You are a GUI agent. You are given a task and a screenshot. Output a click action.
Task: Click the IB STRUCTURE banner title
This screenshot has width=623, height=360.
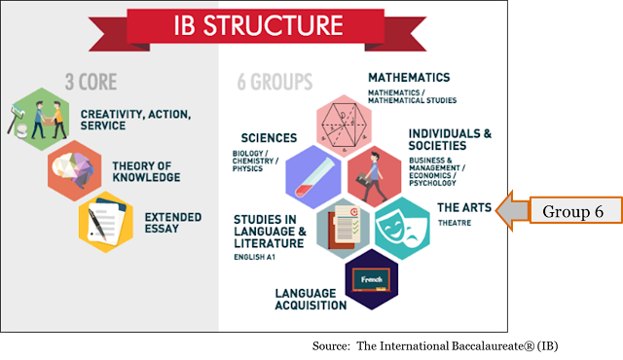[x=258, y=25]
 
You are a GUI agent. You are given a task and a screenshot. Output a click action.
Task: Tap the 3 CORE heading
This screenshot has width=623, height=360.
[x=91, y=82]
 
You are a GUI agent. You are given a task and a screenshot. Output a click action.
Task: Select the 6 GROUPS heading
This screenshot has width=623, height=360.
[x=275, y=82]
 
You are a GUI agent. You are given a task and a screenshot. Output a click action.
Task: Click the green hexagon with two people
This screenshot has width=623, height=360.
[x=41, y=119]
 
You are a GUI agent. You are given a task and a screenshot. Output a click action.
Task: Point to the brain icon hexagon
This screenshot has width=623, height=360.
[x=75, y=170]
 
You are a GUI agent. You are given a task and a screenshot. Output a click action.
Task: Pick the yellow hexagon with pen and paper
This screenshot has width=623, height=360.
[x=106, y=222]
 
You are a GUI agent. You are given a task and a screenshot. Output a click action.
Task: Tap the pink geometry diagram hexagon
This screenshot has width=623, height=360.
[x=344, y=126]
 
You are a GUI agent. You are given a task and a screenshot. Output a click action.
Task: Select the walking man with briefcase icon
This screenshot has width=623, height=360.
[x=372, y=177]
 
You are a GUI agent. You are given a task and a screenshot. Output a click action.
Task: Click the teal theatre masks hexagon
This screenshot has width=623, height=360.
[x=402, y=229]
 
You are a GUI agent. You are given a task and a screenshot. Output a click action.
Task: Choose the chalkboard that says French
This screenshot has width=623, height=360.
[x=372, y=280]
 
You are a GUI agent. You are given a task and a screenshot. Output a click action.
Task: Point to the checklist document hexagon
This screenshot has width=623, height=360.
[x=344, y=229]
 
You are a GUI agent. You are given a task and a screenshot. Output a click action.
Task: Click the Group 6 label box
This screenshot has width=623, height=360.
[x=575, y=210]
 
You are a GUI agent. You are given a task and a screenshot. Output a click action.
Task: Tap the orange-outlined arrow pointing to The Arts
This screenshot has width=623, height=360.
[x=513, y=210]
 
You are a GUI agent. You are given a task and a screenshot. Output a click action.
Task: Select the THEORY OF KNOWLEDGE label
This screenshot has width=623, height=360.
[x=146, y=171]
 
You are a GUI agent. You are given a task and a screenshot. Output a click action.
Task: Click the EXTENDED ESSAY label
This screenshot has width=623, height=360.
[x=173, y=223]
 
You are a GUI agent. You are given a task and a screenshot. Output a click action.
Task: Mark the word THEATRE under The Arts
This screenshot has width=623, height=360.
[x=455, y=223]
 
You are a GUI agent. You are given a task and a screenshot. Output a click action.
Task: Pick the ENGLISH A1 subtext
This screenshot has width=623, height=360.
[x=255, y=257]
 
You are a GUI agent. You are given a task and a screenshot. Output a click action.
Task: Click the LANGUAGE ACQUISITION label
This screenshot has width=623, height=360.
[x=311, y=300]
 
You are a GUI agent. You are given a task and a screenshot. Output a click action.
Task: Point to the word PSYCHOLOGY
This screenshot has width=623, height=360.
[x=432, y=183]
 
